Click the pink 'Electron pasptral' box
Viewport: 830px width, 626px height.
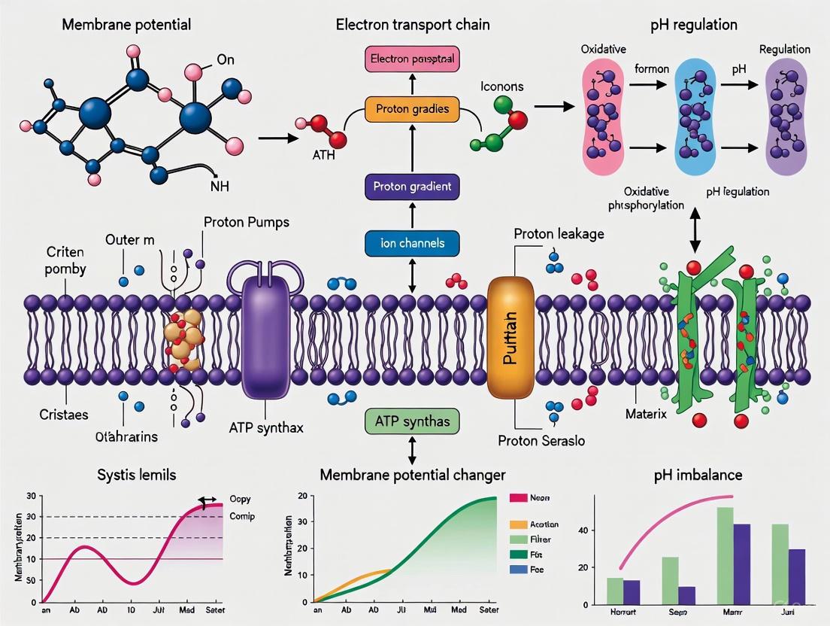click(x=412, y=59)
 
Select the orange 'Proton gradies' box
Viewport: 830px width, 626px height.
click(x=412, y=109)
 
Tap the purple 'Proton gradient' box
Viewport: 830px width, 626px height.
click(x=412, y=187)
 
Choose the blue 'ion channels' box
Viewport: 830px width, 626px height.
click(x=412, y=243)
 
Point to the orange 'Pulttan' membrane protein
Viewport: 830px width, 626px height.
click(x=510, y=338)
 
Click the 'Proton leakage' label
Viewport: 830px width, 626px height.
click(x=559, y=234)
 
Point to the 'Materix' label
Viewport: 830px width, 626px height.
click(x=646, y=414)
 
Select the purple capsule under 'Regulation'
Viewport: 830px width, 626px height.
click(x=787, y=110)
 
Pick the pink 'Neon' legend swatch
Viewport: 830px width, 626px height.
click(x=518, y=498)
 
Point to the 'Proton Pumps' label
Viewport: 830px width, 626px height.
click(x=246, y=223)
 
